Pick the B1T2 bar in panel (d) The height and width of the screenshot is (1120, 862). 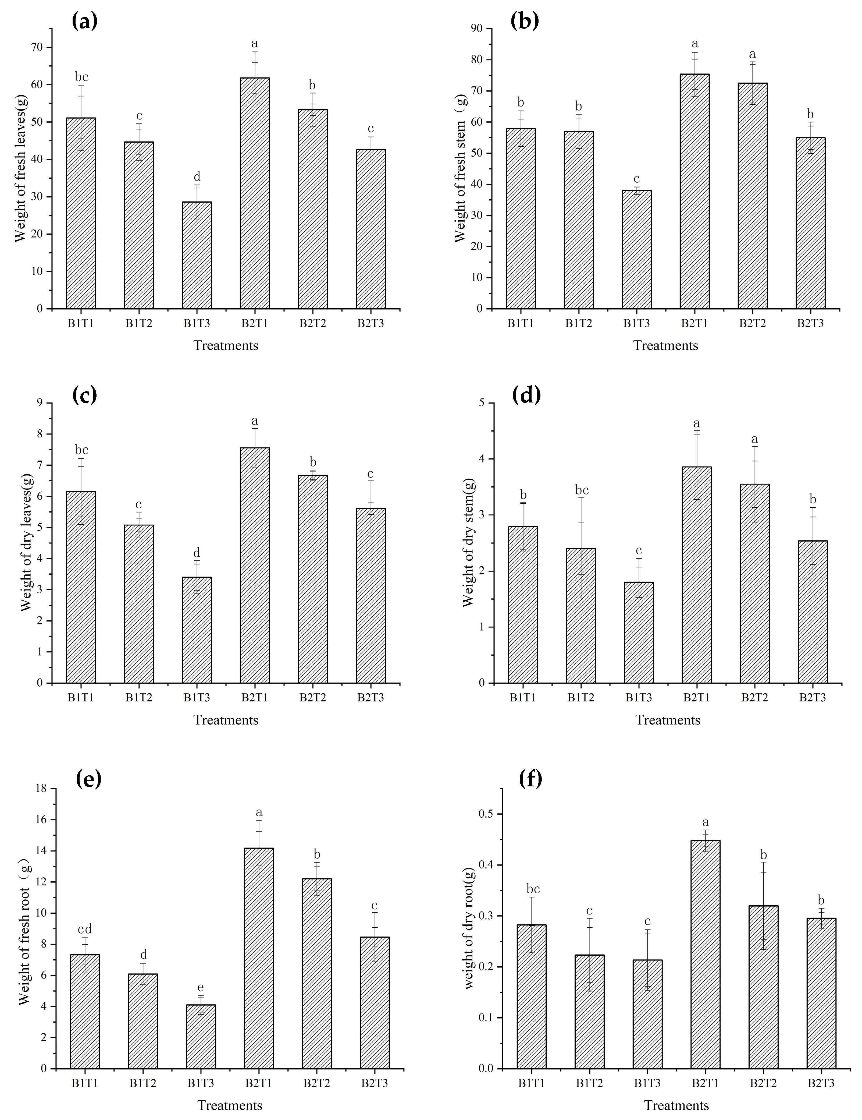(581, 615)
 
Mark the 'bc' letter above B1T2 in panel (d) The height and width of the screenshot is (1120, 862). (581, 490)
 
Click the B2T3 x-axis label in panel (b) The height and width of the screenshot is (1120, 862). (810, 324)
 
